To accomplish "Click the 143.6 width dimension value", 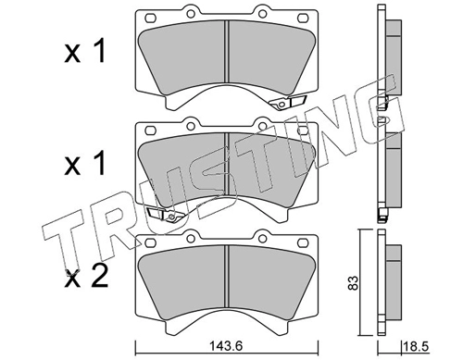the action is (x=226, y=346).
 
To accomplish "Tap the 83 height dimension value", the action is (x=354, y=282).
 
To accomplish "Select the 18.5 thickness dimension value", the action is (x=417, y=346).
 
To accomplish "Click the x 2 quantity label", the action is (x=86, y=277).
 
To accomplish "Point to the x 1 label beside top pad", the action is (x=85, y=51).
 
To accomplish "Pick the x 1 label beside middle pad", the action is (x=85, y=164).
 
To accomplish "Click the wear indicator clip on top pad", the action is (x=287, y=102).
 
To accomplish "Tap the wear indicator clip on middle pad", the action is (x=167, y=215).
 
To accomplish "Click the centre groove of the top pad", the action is (x=227, y=52).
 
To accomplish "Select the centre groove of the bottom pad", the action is (x=227, y=277).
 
